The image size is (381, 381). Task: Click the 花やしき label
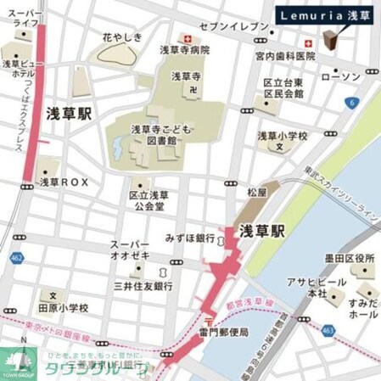coord(121,37)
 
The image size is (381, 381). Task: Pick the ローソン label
coord(342,77)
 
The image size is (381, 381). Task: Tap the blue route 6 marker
coord(349,102)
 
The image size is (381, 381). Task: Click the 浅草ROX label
coord(64,182)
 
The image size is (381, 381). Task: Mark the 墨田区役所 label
coord(352,258)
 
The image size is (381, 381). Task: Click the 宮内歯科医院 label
coord(285,56)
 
